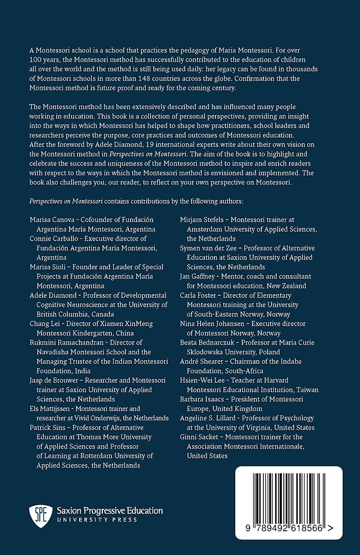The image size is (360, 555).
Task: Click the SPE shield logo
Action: pyautogui.click(x=38, y=515)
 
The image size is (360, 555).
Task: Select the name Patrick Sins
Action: pyautogui.click(x=47, y=427)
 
